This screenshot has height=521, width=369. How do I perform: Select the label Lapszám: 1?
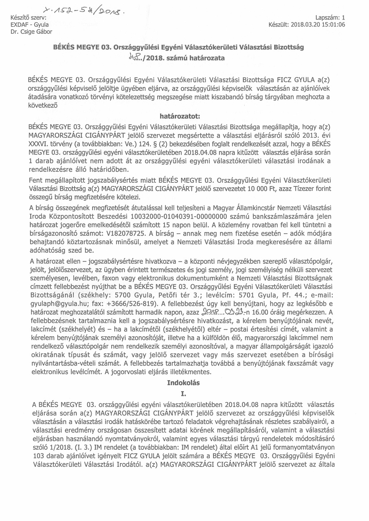(x=330, y=18)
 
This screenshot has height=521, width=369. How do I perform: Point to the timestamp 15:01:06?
(x=333, y=24)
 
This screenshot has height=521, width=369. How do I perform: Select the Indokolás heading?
(x=184, y=383)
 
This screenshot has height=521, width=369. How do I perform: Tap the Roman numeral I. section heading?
(x=184, y=394)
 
